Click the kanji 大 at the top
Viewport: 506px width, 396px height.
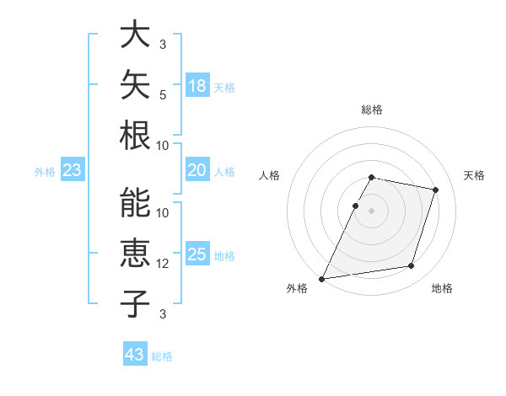(135, 34)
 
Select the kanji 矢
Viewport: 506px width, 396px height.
(135, 84)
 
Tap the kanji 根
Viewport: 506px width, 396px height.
(135, 135)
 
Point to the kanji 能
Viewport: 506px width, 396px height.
(135, 202)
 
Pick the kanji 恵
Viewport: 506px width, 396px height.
(135, 253)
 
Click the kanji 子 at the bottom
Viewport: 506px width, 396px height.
(135, 303)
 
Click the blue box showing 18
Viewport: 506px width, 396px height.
(197, 85)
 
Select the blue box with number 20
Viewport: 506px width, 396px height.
(197, 169)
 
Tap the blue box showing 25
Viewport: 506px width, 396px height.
(197, 253)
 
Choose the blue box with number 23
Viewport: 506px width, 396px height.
(73, 169)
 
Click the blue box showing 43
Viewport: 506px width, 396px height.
(135, 353)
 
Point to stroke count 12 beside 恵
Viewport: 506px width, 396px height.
(162, 264)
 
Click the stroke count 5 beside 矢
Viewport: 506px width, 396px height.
(163, 95)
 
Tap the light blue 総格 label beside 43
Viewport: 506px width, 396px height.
(162, 356)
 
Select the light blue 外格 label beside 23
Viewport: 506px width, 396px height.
(45, 172)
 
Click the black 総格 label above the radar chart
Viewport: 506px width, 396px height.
(372, 110)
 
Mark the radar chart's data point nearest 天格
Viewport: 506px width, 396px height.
(435, 190)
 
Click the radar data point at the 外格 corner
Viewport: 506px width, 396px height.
(321, 279)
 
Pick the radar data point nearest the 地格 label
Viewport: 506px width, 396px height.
(412, 265)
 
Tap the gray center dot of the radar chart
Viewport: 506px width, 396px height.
(371, 211)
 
